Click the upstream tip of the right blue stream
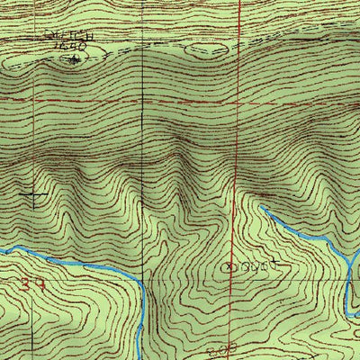pyautogui.click(x=262, y=207)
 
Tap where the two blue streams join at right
pyautogui.click(x=347, y=261)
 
